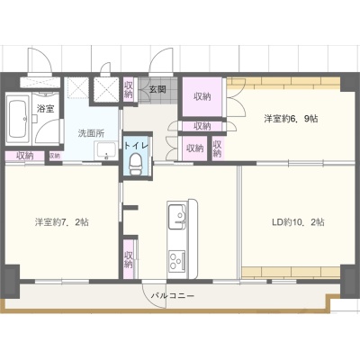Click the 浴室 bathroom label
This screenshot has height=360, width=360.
[x=46, y=109]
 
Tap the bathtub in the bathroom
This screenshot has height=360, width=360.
[x=19, y=118]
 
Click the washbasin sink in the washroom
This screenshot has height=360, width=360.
[x=105, y=151]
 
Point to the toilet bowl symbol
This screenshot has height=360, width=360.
[x=135, y=163]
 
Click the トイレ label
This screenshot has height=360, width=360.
[x=136, y=146]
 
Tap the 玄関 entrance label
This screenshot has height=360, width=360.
[x=157, y=89]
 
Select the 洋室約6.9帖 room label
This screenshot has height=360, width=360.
[x=291, y=119]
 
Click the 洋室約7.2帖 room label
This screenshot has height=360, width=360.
[x=61, y=222]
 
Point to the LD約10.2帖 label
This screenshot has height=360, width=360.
[x=298, y=222]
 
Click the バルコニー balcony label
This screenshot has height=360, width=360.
[x=173, y=296]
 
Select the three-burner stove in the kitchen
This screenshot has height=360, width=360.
[x=177, y=261]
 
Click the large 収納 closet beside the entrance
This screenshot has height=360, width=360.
[x=202, y=96]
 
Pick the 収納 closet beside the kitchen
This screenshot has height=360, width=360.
[x=129, y=260]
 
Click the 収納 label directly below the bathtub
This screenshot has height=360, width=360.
[x=25, y=156]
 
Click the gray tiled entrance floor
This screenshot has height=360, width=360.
[x=158, y=90]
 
